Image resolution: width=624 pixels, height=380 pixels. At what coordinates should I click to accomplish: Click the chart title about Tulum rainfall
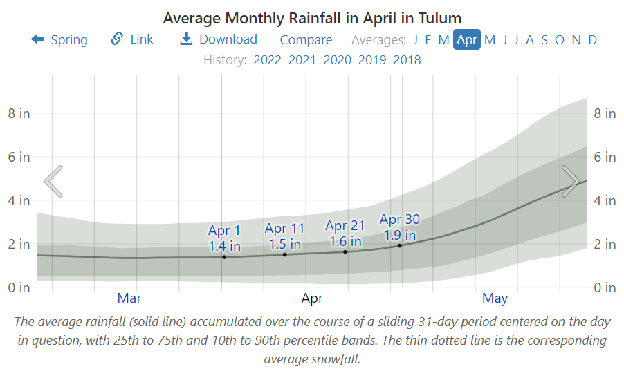pos(312,17)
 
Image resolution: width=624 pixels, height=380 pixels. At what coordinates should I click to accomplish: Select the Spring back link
pos(59,39)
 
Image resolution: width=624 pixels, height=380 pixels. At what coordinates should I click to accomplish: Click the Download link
pos(219,39)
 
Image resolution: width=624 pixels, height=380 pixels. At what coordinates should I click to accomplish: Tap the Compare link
pos(306,40)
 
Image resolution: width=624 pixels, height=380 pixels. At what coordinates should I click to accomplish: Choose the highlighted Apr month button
pos(467,40)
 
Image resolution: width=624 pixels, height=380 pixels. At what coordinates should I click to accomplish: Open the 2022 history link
pos(268,60)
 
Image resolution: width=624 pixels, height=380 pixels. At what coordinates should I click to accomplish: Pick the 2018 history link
pos(407,60)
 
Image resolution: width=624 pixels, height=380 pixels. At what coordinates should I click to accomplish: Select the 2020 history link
pos(338,60)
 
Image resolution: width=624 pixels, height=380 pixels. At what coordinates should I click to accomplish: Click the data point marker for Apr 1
pos(224,257)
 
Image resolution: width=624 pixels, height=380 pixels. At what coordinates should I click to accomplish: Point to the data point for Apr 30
pos(400,245)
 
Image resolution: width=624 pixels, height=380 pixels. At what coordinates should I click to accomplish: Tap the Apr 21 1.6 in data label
pos(345,234)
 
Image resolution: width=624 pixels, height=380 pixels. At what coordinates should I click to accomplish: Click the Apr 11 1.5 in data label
pos(284,236)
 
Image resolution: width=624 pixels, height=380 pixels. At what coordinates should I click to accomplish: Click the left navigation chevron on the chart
pos(53,181)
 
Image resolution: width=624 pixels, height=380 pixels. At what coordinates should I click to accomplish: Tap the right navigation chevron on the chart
pos(571,181)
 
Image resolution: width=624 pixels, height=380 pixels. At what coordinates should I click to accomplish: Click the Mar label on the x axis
pos(129,298)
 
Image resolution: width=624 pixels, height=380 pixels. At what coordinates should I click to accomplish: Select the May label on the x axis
pos(495,298)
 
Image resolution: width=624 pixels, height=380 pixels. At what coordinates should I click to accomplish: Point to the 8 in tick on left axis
pos(19,113)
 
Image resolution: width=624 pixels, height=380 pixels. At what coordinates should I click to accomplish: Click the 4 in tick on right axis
pos(605,200)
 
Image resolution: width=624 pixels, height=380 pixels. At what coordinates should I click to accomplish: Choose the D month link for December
pos(593,40)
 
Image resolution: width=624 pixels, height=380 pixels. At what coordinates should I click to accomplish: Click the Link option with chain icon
pos(132,39)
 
